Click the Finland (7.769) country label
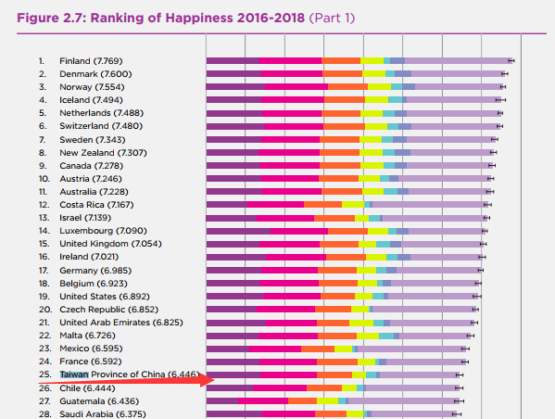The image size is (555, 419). tap(90, 61)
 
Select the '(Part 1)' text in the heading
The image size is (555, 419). tap(328, 18)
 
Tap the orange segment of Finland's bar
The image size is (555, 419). tap(342, 61)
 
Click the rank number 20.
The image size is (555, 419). tap(43, 310)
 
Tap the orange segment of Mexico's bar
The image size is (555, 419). tap(318, 349)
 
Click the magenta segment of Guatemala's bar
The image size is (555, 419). tap(264, 400)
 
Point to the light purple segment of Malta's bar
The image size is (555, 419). tap(435, 336)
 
